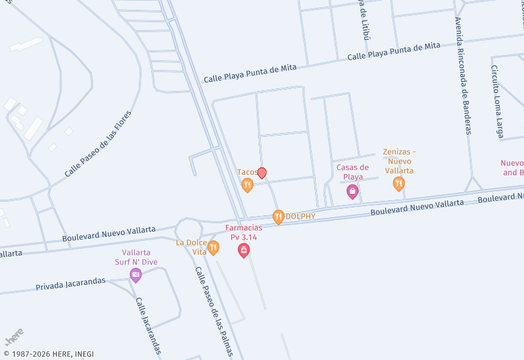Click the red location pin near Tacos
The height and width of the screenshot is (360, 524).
[262, 173]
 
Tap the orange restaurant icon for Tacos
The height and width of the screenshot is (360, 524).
[247, 185]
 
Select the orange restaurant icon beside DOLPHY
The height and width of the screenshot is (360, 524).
[278, 217]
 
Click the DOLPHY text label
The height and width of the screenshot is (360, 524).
[301, 217]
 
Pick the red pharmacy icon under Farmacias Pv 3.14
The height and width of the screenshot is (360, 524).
[244, 250]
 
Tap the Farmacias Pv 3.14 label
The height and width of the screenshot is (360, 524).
[244, 232]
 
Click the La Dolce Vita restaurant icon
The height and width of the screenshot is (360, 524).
[213, 247]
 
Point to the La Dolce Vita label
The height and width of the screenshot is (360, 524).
[192, 247]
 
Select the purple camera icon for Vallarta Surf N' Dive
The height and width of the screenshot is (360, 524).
[136, 275]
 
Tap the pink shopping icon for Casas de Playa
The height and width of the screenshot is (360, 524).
[352, 192]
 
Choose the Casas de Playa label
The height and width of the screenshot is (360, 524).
[353, 171]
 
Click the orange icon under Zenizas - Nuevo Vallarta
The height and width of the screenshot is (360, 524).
[399, 184]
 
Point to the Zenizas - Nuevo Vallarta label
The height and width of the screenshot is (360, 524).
[399, 161]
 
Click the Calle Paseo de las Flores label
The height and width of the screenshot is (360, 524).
[98, 145]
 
